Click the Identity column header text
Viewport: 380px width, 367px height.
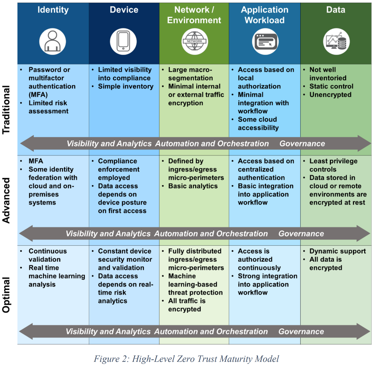click(x=53, y=10)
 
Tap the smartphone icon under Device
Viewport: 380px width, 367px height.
click(x=123, y=42)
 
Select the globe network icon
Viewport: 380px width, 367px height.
click(x=194, y=42)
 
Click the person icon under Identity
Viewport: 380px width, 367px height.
click(x=53, y=42)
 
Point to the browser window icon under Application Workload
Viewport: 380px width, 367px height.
click(x=265, y=42)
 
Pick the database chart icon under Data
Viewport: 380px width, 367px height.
click(x=336, y=42)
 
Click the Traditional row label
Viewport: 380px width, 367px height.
click(x=6, y=110)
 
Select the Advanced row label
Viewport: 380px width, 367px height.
click(x=6, y=200)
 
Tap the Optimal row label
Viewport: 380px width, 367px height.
click(x=6, y=295)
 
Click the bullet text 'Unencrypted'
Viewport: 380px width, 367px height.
click(x=330, y=95)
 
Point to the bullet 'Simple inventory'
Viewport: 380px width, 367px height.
click(x=125, y=86)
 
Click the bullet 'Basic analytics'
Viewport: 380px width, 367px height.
click(x=193, y=186)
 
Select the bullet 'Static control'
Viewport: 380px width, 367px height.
click(x=331, y=86)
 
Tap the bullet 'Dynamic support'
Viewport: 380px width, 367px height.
click(x=338, y=251)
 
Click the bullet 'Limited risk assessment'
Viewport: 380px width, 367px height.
click(x=48, y=107)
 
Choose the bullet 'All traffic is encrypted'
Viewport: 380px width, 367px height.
click(x=187, y=305)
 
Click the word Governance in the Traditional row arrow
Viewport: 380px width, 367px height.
click(x=302, y=144)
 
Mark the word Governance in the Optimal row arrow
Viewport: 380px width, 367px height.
click(x=301, y=332)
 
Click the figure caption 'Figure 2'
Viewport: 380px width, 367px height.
click(x=186, y=359)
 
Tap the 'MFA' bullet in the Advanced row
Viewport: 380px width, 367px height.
click(x=36, y=161)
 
